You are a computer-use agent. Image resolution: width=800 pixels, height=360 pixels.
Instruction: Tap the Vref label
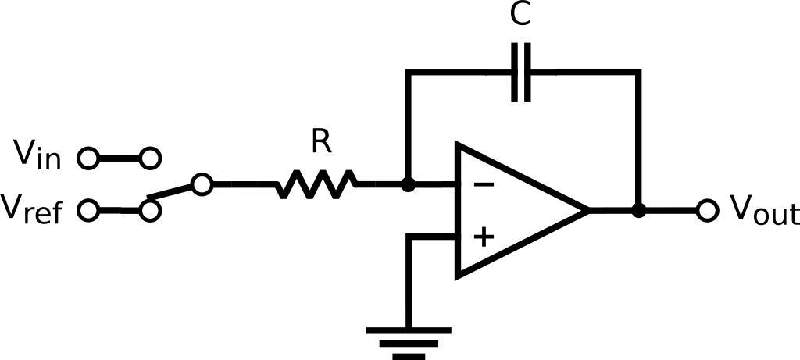pos(33,209)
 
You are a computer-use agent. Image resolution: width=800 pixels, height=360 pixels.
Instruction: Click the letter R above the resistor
pos(320,142)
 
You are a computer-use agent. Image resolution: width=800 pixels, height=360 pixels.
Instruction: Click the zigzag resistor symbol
pos(316,185)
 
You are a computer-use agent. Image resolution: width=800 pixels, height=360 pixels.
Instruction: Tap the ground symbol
pos(409,342)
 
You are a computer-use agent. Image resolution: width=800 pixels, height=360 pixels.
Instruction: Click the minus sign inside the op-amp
pos(484,185)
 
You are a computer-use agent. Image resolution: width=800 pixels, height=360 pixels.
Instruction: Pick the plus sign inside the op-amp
pos(484,236)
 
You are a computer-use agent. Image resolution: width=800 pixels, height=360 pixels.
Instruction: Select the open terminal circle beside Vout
pos(707,210)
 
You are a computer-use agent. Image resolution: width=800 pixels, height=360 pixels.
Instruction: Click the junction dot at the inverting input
pos(407,185)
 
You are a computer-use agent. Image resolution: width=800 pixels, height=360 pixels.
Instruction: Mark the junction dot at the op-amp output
pos(639,210)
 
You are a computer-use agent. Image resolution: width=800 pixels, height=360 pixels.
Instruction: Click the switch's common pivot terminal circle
pos(202,185)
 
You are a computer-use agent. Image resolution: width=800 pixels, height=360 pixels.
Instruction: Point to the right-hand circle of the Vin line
pos(151,159)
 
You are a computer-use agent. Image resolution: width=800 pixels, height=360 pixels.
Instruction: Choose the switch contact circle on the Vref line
pos(151,210)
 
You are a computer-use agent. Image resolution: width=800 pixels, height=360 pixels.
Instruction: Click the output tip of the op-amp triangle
pos(586,210)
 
